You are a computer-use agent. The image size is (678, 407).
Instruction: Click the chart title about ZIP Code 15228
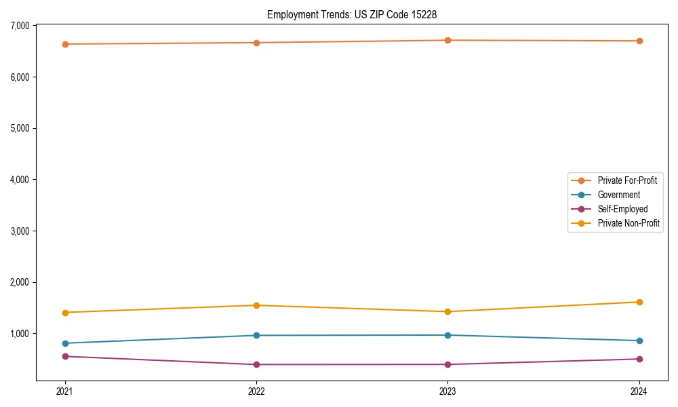pyautogui.click(x=351, y=14)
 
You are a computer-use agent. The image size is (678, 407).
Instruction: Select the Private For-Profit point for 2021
pyautogui.click(x=65, y=44)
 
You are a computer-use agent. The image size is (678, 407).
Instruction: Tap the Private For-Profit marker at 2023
pyautogui.click(x=448, y=40)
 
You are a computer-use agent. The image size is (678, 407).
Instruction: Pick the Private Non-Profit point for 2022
pyautogui.click(x=256, y=305)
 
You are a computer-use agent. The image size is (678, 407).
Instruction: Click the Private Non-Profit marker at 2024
pyautogui.click(x=639, y=302)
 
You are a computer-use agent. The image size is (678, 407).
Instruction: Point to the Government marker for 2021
pyautogui.click(x=65, y=343)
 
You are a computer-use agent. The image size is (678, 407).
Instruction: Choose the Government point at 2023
pyautogui.click(x=448, y=335)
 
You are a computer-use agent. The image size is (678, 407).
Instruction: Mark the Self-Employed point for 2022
pyautogui.click(x=256, y=364)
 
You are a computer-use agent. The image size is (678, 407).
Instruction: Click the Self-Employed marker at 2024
pyautogui.click(x=639, y=359)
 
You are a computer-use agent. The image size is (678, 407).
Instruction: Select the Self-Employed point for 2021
pyautogui.click(x=65, y=356)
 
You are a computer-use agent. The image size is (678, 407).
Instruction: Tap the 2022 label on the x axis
pyautogui.click(x=256, y=391)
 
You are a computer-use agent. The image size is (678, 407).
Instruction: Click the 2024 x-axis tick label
pyautogui.click(x=639, y=391)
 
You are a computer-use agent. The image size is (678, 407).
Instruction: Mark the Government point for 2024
pyautogui.click(x=639, y=341)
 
